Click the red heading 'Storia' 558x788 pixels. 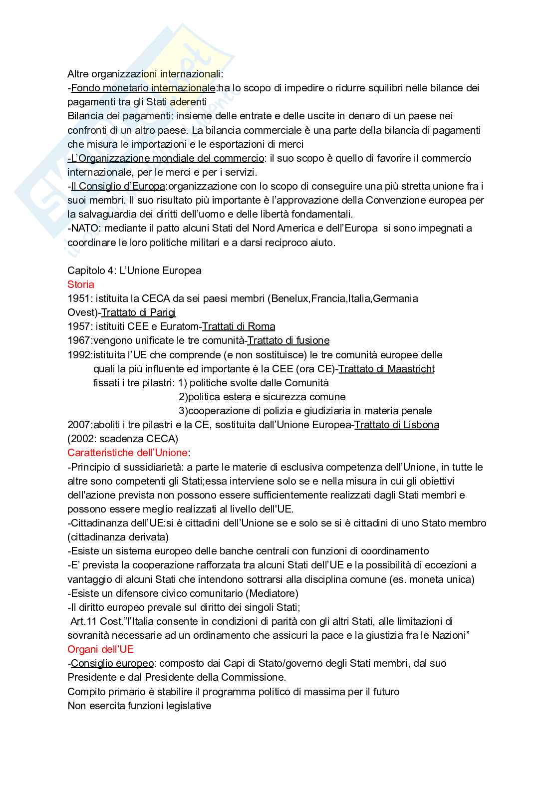[x=81, y=284]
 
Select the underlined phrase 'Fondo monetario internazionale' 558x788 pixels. [x=143, y=88]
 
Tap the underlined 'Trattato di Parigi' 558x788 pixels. [x=138, y=312]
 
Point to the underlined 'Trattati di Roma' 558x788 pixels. [x=239, y=326]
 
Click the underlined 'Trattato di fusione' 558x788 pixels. [x=288, y=340]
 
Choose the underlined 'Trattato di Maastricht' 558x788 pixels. [x=386, y=369]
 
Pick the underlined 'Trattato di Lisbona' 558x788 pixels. [x=397, y=425]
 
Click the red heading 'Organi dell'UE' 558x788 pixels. [x=100, y=649]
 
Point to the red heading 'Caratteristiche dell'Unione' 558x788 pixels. [x=127, y=453]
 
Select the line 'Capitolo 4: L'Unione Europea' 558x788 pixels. [x=134, y=270]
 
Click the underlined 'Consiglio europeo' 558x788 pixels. [x=112, y=663]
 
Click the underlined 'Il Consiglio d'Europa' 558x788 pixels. [x=118, y=186]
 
